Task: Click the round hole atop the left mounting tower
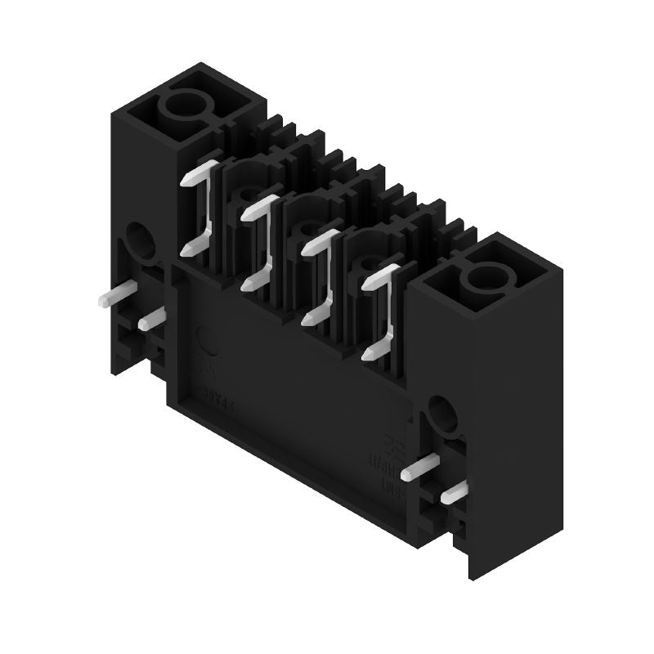pos(187,105)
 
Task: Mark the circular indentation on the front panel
pos(208,340)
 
